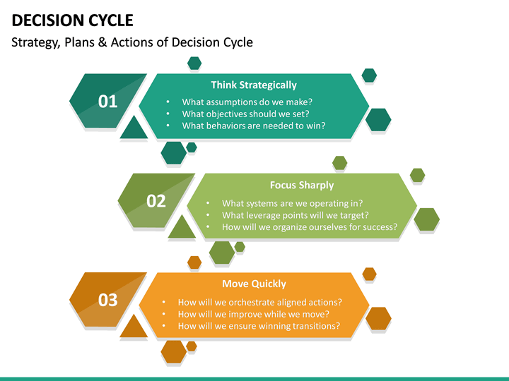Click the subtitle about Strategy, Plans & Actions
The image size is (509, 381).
[x=132, y=42]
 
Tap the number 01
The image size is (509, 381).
[x=107, y=102]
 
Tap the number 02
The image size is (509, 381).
[x=156, y=201]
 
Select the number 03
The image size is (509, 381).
[x=107, y=301]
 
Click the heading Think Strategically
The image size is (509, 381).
[x=254, y=85]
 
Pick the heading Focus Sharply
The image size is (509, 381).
[x=302, y=185]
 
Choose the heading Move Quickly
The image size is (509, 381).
[x=254, y=284]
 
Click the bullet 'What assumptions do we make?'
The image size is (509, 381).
[x=247, y=102]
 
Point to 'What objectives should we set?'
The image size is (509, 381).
[x=245, y=114]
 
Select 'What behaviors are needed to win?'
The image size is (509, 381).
[x=253, y=126]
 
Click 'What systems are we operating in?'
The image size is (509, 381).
[x=293, y=203]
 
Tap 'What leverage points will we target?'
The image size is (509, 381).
[x=295, y=215]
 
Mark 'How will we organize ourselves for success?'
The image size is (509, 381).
[x=309, y=227]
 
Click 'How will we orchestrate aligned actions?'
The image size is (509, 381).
[x=259, y=302]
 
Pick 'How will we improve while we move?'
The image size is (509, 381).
[x=253, y=314]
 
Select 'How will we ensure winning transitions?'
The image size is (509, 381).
[x=259, y=326]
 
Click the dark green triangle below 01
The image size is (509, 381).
[x=134, y=129]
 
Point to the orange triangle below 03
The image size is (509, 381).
[x=133, y=327]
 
